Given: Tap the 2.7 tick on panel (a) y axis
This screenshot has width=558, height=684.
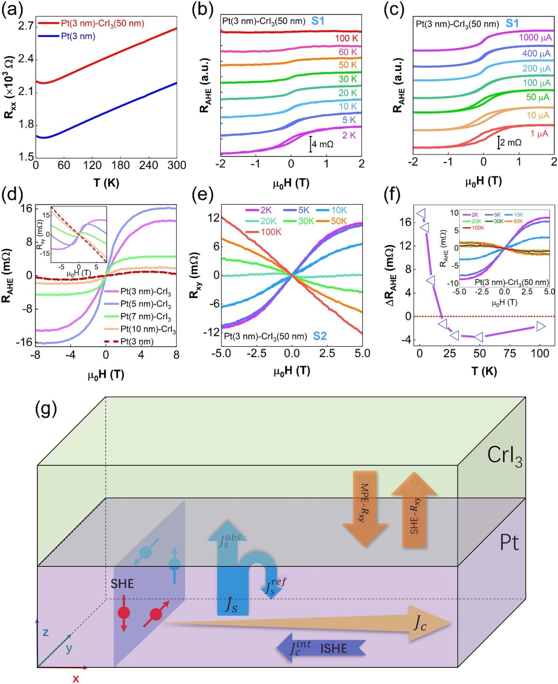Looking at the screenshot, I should coord(25,25).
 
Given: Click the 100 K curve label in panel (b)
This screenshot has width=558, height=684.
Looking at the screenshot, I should coord(346,38).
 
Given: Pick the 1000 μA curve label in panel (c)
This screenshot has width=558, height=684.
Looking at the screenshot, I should coord(535,38).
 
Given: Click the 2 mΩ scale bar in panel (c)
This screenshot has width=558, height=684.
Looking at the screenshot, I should coord(499,142).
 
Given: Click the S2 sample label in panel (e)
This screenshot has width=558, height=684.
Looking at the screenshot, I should coord(320,336).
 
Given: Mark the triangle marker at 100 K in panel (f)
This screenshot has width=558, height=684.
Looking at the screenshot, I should coord(541,327).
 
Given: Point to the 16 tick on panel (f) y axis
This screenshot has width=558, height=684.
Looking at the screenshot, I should coord(406,222).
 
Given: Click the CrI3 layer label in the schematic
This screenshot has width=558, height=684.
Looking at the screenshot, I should coord(504,456).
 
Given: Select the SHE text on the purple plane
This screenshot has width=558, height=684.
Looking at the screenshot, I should coord(122,583).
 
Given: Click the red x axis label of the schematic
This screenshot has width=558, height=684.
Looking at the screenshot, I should coord(76,678).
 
